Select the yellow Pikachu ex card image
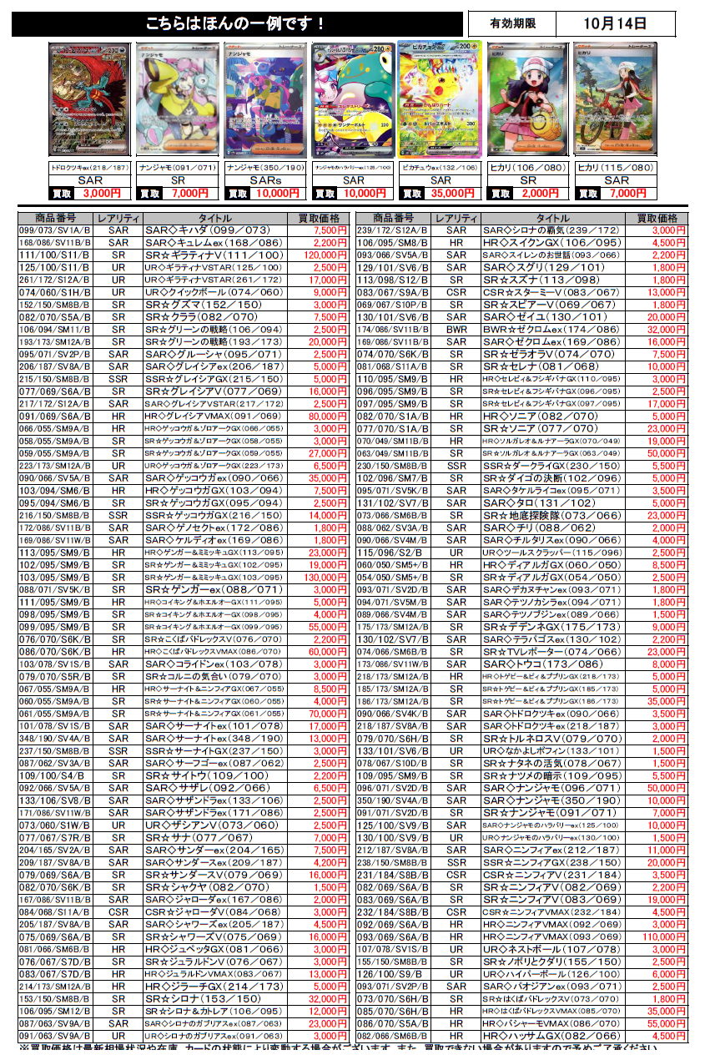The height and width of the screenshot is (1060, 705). click(440, 98)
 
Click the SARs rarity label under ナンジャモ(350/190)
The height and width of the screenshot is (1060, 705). click(266, 180)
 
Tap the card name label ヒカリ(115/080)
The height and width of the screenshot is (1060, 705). click(616, 168)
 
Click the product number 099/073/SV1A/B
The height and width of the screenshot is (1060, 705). click(55, 230)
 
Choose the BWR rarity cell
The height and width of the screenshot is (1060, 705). click(456, 330)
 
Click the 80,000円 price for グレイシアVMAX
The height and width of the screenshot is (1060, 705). click(323, 416)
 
